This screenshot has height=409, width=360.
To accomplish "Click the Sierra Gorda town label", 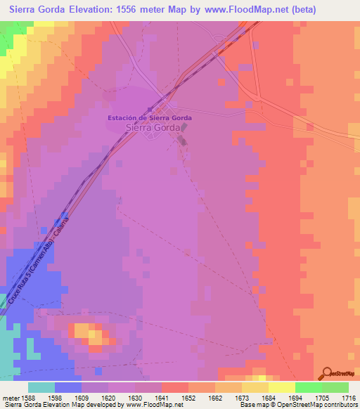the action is click(x=150, y=128).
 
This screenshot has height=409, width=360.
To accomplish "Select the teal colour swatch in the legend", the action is click(x=41, y=387).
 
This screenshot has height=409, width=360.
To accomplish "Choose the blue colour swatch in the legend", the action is click(x=68, y=387).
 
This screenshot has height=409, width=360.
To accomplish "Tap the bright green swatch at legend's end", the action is click(x=335, y=387).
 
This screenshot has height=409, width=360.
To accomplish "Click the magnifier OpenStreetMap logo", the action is click(x=326, y=374).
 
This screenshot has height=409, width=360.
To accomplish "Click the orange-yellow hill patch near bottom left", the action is click(x=87, y=331).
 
